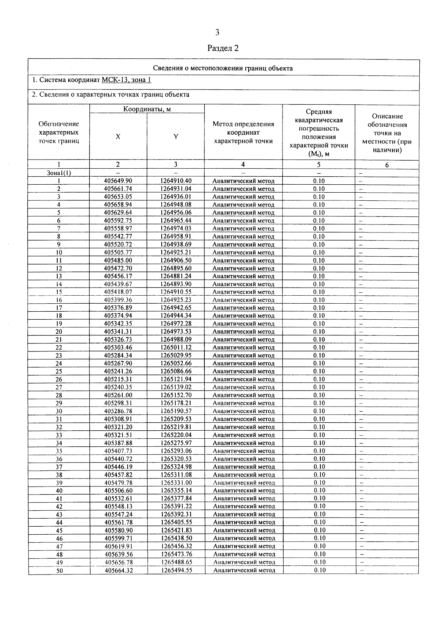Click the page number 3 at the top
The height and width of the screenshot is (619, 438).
coord(217,33)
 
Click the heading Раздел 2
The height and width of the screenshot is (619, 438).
coord(223,48)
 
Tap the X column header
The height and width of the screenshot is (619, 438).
coord(118,137)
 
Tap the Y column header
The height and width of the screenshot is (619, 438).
coord(176,137)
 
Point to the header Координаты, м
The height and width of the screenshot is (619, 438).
coord(147,109)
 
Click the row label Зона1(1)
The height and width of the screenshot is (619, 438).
coord(59,173)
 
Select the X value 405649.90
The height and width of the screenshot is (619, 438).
coord(118,181)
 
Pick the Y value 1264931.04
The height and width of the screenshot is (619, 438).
coord(176,189)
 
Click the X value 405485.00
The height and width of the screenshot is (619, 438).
coord(118,260)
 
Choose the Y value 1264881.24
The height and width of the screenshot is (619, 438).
coord(176,276)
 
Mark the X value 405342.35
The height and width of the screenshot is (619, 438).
coord(118,323)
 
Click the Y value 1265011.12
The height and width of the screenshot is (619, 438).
coord(176,347)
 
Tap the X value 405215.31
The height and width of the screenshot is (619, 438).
coord(118,379)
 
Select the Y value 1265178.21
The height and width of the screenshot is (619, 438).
coord(176,403)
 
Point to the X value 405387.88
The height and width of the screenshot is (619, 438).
coord(118,443)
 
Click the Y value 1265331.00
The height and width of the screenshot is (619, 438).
coord(176,482)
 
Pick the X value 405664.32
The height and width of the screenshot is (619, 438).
coord(118,570)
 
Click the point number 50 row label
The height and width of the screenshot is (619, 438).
coord(59,570)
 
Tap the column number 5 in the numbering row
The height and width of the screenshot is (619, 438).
coord(319,165)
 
